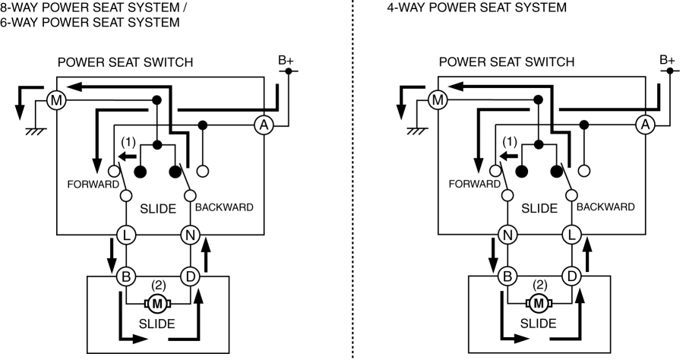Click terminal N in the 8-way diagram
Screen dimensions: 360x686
[x=190, y=235]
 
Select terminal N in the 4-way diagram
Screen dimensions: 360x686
[x=507, y=235]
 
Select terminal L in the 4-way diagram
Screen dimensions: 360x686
[x=572, y=235]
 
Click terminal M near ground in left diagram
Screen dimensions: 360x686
[x=55, y=99]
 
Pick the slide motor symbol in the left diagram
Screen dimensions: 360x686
[x=158, y=304]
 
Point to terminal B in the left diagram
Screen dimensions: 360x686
[x=125, y=276]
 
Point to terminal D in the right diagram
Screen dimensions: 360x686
[x=572, y=276]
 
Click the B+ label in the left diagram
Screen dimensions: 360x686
[x=287, y=59]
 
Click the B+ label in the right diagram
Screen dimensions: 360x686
[x=668, y=59]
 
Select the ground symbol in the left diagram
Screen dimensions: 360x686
[x=33, y=131]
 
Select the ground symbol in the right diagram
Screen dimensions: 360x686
[x=415, y=131]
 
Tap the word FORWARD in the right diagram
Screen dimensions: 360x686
[x=475, y=184]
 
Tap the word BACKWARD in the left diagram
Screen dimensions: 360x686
[x=224, y=207]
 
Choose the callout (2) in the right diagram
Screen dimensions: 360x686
[x=540, y=286]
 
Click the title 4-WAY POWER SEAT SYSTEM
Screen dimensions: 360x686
[x=476, y=8]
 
